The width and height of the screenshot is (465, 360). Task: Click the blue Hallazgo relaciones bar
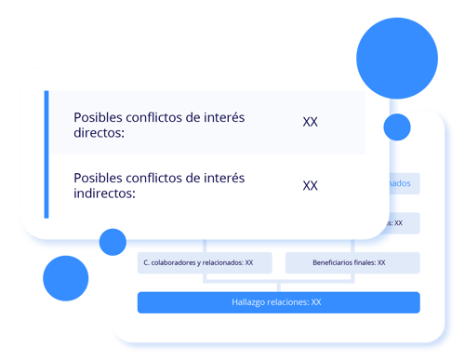(x=278, y=302)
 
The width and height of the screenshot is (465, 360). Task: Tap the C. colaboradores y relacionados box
(x=198, y=263)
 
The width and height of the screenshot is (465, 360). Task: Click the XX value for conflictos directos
(x=311, y=122)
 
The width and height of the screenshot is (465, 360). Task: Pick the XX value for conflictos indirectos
(x=311, y=185)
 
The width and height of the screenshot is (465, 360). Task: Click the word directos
(x=99, y=133)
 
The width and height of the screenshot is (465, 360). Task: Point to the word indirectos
(x=104, y=194)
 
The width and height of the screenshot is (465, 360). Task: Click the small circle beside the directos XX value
(x=397, y=127)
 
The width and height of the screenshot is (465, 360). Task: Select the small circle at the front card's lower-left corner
(x=113, y=242)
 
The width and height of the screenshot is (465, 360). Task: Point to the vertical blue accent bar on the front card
(x=46, y=154)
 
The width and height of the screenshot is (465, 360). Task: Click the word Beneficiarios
(x=328, y=263)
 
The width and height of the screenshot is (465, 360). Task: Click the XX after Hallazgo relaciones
(x=316, y=302)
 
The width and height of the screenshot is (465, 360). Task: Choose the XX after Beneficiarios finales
(x=381, y=263)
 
